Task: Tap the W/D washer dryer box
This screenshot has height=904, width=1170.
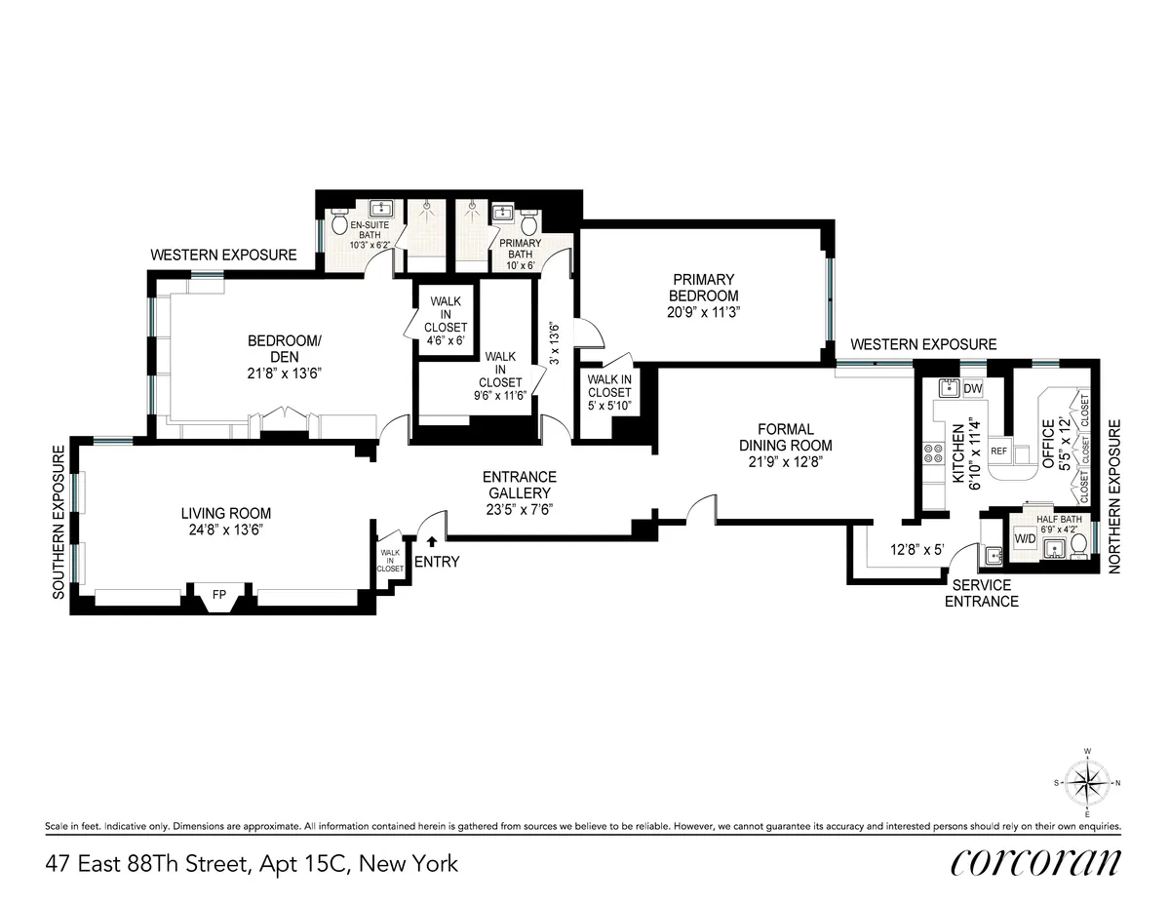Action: [1025, 539]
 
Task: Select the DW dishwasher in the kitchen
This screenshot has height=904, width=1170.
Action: [972, 389]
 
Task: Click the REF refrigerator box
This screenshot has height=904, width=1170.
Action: [998, 452]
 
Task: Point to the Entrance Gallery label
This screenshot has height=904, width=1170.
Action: [520, 485]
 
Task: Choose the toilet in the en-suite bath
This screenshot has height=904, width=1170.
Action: [340, 225]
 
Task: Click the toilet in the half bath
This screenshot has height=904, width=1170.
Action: [1076, 550]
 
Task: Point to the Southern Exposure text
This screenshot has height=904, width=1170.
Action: [58, 522]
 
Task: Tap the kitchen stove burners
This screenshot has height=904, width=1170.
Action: [928, 453]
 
